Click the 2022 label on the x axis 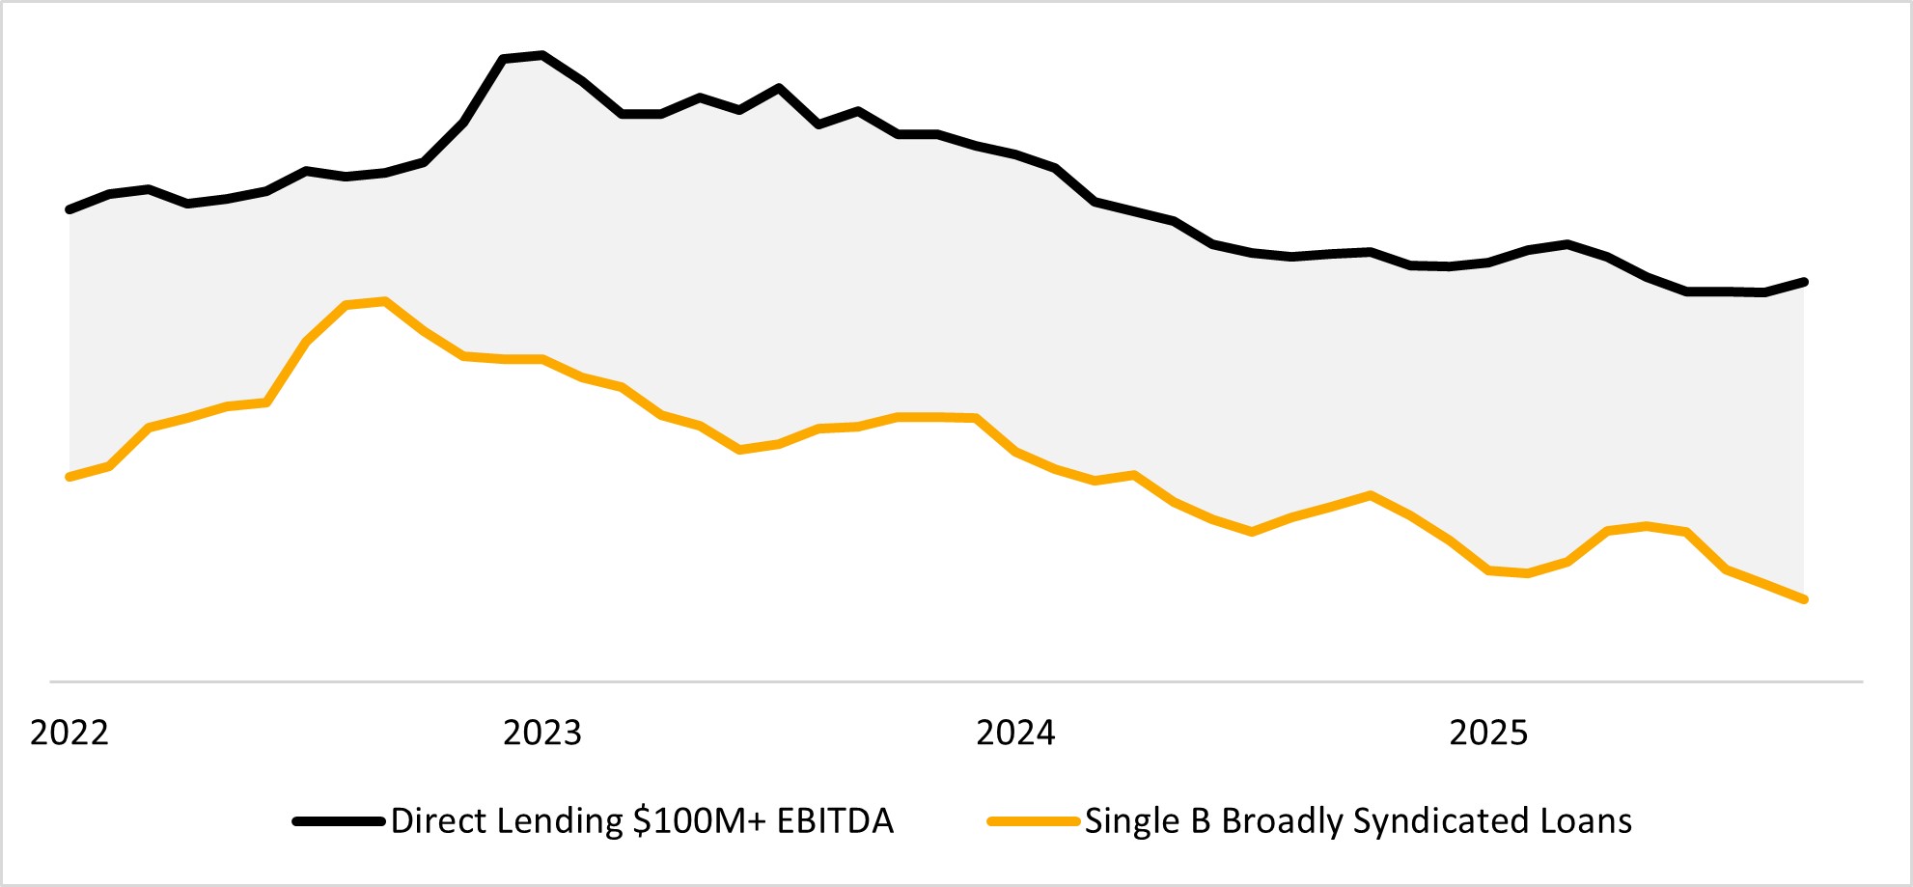tap(69, 734)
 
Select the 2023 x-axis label tap(542, 734)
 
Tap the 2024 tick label tap(1015, 734)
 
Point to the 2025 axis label tap(1488, 734)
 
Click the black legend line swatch tap(340, 821)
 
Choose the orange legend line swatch tap(1033, 821)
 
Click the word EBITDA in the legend tap(835, 821)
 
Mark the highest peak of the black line tap(542, 55)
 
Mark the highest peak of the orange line tap(385, 301)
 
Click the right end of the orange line tap(1804, 599)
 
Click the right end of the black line tap(1804, 282)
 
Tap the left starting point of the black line tap(69, 209)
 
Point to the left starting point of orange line tap(69, 477)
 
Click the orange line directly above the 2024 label tap(1015, 451)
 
